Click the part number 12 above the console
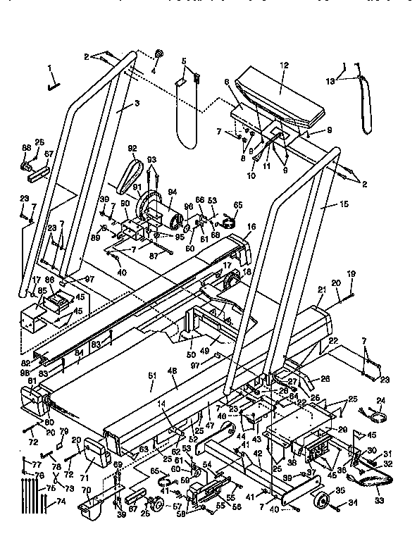point(284,65)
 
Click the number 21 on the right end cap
point(320,290)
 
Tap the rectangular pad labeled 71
point(95,460)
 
